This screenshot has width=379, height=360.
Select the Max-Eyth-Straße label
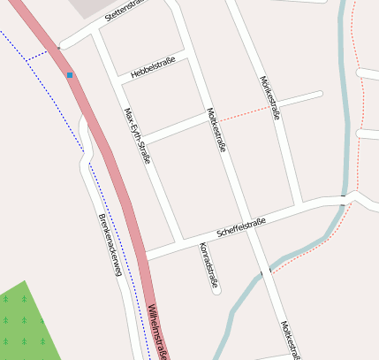[137, 136]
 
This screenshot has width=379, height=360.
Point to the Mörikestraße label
[269, 99]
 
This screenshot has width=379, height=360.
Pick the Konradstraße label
[208, 265]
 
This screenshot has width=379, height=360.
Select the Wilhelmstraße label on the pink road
[157, 330]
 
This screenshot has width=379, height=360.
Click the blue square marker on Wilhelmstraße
[70, 75]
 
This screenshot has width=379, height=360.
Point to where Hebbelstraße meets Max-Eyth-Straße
[117, 82]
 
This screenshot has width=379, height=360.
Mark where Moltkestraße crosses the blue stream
[262, 275]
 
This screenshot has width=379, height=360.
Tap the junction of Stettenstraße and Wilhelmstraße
[60, 47]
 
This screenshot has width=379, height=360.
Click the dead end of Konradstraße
[217, 292]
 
